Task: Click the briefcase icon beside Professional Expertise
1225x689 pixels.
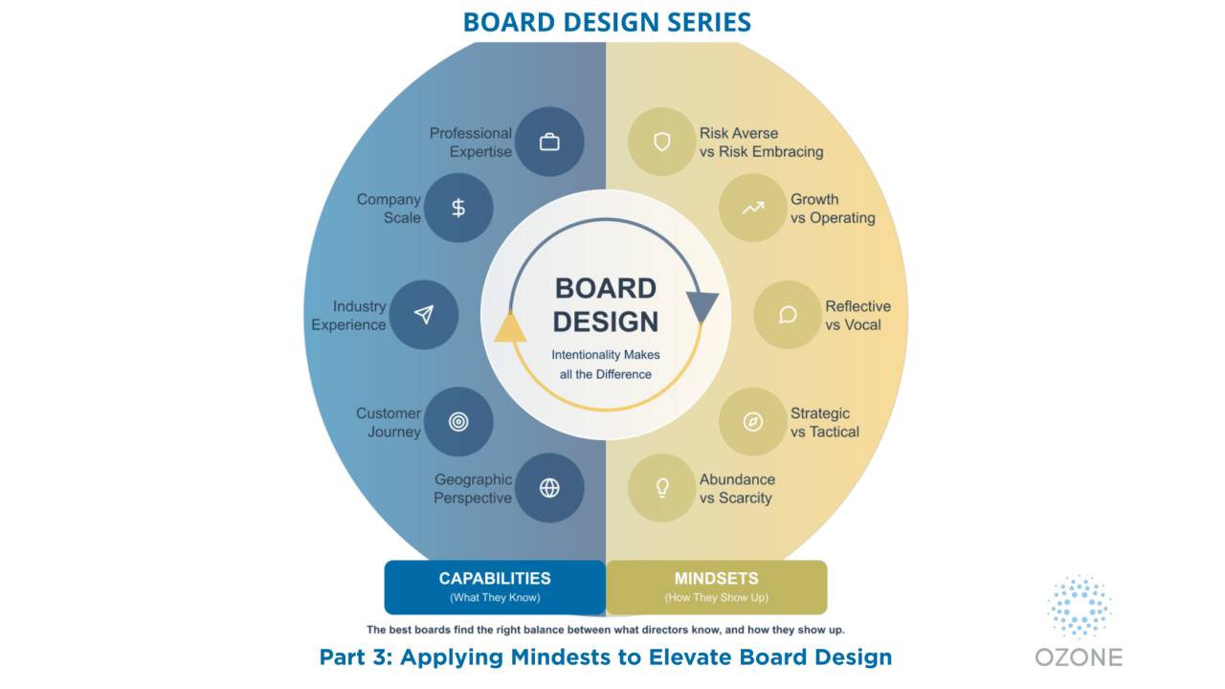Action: pos(549,143)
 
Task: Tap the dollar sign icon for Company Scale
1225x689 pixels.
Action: pos(458,208)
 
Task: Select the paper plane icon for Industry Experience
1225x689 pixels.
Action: pos(424,315)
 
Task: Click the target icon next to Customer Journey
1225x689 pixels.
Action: pos(458,422)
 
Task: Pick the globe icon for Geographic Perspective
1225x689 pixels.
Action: pos(549,488)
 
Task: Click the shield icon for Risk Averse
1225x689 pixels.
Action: pos(661,143)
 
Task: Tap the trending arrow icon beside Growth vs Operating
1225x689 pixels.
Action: pos(753,208)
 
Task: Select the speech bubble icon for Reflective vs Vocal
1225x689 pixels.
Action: pos(788,315)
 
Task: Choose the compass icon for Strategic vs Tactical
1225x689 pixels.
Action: pos(753,422)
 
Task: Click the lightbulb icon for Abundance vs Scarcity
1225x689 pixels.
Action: pos(661,488)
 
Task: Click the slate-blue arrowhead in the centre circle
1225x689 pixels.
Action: pos(702,307)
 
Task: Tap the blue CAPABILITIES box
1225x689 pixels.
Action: pos(495,587)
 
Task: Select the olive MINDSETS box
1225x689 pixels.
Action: pos(716,587)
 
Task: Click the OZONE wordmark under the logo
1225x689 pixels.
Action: pos(1079,656)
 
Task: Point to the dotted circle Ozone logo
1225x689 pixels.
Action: pos(1079,607)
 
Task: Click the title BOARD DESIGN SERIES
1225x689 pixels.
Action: pos(607,22)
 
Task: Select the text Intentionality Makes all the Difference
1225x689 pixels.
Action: pos(606,365)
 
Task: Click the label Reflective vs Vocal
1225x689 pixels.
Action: pos(857,315)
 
